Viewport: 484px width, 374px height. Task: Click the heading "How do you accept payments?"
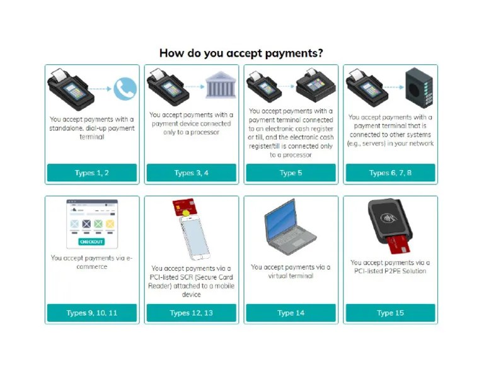tap(241, 53)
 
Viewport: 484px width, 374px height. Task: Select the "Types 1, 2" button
tap(92, 173)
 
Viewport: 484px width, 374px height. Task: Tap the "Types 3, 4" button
tap(192, 173)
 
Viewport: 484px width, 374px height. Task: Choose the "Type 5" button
tap(291, 173)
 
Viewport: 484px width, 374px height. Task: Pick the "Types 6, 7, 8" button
tap(390, 173)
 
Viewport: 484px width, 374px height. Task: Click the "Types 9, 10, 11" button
tap(92, 313)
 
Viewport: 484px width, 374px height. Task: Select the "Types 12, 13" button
tap(192, 313)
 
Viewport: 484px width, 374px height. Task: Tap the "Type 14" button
tap(291, 313)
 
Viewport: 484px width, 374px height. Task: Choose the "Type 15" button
tap(390, 313)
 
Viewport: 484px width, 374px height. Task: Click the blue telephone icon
tap(125, 89)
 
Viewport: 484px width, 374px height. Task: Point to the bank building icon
tap(219, 86)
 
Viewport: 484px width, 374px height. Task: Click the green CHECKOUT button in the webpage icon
tap(91, 242)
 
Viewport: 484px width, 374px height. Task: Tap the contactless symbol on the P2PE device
tap(387, 218)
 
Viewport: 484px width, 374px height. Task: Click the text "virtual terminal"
tap(291, 276)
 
